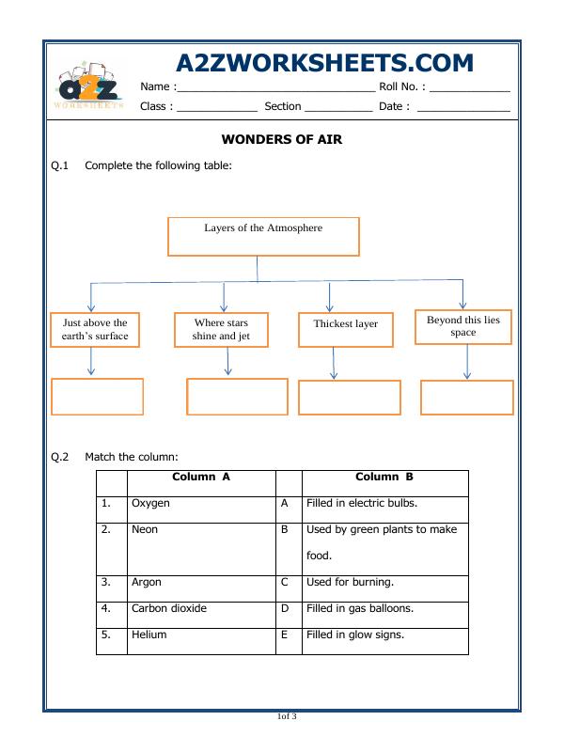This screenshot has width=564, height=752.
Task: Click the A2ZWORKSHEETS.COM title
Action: (x=324, y=62)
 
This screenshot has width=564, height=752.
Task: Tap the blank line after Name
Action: (x=275, y=87)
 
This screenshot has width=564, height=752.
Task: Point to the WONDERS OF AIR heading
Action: (x=281, y=139)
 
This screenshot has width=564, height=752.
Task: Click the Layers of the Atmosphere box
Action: (x=263, y=237)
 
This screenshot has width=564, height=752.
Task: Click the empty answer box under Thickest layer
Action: (x=349, y=397)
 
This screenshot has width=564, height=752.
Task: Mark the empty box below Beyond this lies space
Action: (x=466, y=397)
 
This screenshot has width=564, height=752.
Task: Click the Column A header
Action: (x=201, y=478)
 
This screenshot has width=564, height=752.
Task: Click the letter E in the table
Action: (x=284, y=635)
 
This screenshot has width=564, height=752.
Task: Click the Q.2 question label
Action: (x=59, y=457)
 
